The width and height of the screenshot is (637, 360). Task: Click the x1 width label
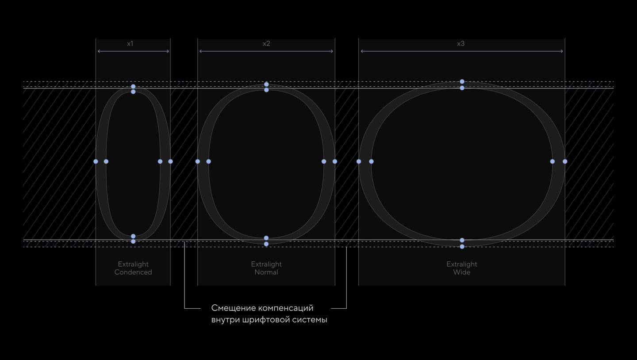click(130, 43)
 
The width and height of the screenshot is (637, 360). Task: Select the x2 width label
click(266, 43)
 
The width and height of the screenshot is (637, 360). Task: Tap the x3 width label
click(460, 43)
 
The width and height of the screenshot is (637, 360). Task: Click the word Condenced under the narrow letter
click(133, 272)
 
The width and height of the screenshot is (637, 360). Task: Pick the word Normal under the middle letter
click(266, 272)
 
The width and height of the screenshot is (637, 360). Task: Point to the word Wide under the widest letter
click(461, 272)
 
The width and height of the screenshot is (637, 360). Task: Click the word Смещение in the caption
click(234, 308)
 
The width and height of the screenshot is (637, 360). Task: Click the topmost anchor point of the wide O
click(462, 82)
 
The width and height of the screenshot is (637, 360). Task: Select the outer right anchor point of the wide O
click(565, 161)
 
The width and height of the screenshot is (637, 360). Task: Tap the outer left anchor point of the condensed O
click(96, 161)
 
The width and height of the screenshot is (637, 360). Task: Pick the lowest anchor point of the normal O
click(266, 244)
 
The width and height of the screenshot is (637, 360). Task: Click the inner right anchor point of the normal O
click(324, 161)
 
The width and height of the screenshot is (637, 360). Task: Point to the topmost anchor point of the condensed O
click(133, 86)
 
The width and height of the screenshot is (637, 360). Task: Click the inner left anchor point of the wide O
click(372, 161)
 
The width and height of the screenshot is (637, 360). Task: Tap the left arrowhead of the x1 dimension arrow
click(98, 51)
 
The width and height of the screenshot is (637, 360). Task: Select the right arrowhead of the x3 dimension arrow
click(562, 51)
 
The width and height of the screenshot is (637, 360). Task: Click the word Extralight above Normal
click(266, 264)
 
